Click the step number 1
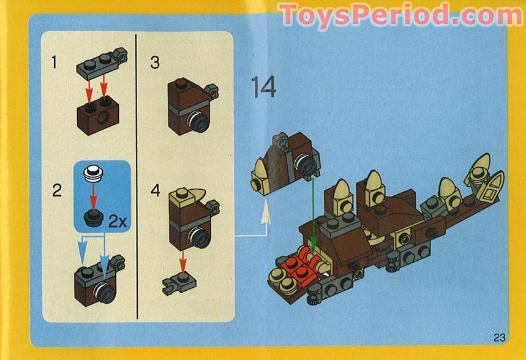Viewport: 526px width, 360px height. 55,62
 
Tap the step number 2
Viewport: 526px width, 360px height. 57,190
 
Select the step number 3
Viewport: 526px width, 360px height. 155,62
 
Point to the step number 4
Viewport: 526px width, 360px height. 156,190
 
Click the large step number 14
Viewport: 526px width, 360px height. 263,88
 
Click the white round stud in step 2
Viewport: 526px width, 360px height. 94,173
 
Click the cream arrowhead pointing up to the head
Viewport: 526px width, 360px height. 265,214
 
